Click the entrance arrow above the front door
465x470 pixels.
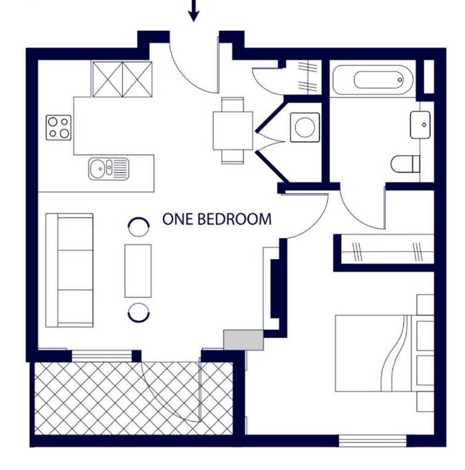pos(194,11)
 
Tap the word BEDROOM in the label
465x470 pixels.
pos(235,219)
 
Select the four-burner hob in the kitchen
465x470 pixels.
pos(58,128)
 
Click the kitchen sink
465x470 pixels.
pos(108,169)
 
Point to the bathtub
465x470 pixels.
pos(373,80)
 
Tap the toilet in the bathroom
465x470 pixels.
pos(405,164)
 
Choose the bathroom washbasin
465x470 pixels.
pos(420,125)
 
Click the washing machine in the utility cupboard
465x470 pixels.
pos(305,127)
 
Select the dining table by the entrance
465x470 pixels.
pos(233,130)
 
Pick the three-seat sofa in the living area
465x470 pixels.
pos(69,270)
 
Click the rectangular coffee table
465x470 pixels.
pos(138,271)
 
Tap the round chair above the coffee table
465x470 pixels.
pos(138,227)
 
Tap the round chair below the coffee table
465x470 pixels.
pos(139,313)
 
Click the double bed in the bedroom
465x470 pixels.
pos(384,353)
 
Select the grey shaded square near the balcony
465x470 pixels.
pos(244,340)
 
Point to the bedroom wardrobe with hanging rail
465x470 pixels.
pos(388,249)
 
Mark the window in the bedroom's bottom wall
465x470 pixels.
pos(373,441)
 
